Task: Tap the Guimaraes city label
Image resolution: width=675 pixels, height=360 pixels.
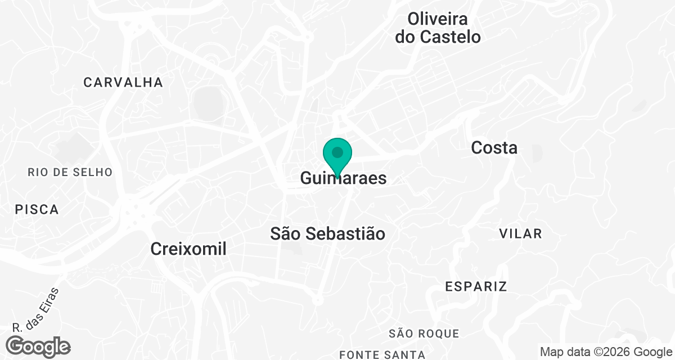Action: (x=344, y=179)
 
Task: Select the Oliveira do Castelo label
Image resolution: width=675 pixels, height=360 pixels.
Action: (x=438, y=28)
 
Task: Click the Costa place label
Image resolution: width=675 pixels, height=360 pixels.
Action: (x=494, y=148)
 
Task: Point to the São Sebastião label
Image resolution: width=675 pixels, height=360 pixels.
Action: (x=328, y=233)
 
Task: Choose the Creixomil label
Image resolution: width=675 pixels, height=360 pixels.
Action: (x=188, y=249)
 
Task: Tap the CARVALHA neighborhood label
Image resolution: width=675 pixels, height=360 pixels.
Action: (x=123, y=83)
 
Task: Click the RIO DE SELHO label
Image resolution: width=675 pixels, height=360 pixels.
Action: (x=70, y=172)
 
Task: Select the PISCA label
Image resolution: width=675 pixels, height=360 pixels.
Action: (x=37, y=210)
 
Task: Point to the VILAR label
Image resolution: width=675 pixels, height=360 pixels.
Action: (x=520, y=233)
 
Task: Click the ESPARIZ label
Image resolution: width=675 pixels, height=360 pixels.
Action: (x=476, y=286)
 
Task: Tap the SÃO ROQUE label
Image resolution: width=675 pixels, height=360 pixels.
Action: (x=424, y=334)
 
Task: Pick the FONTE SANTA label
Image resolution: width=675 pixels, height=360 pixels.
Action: (x=382, y=354)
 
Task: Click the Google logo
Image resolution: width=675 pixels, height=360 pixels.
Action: (x=39, y=346)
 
